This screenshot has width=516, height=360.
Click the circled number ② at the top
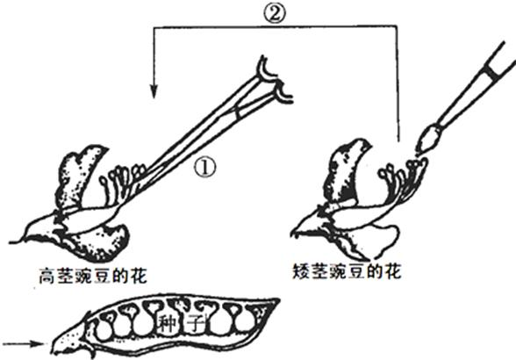pos(274,14)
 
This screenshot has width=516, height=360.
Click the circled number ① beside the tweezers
pos(204,167)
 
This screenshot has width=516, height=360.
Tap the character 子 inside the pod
pos(197,323)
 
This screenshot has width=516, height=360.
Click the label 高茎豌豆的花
pos(93,277)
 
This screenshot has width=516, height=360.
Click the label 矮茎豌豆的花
pos(348,272)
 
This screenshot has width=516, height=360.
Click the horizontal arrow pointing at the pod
pos(24,344)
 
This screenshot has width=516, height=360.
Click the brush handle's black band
pos(492,72)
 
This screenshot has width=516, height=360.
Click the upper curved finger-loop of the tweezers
pos(267,68)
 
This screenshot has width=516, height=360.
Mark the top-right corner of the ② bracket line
pos(397,26)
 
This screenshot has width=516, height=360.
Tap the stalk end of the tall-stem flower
pos(11,242)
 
